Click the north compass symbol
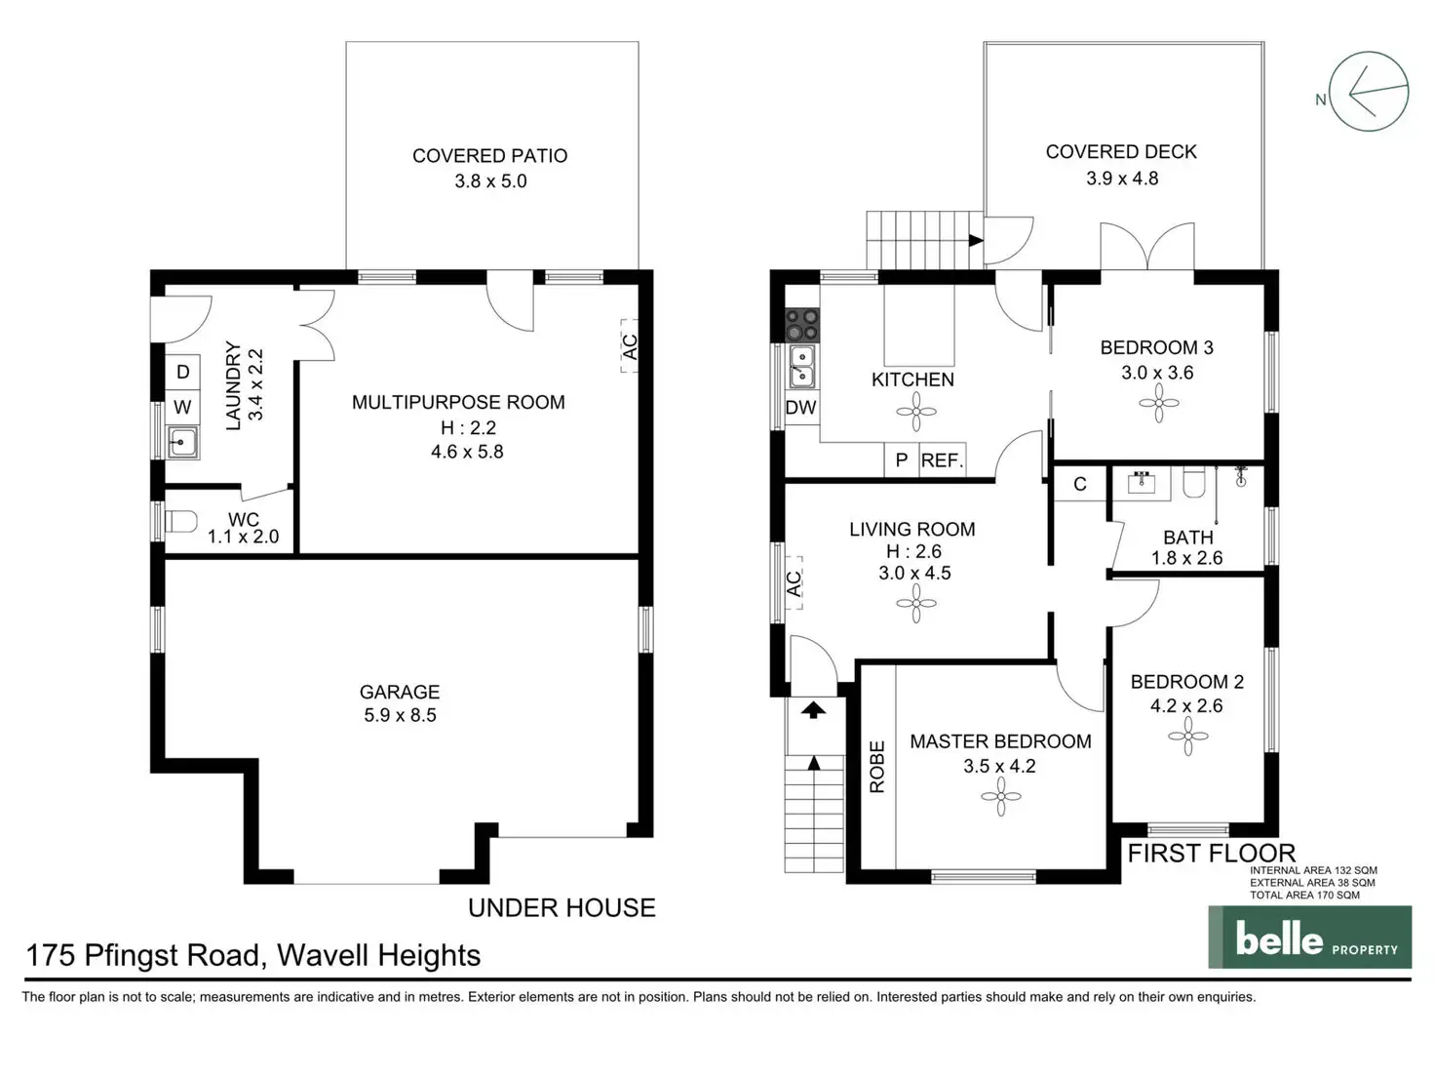1369,92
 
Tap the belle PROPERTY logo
1309,937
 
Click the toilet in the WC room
181,522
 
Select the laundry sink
182,442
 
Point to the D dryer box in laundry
182,372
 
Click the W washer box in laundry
182,407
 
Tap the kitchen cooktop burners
802,323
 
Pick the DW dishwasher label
800,408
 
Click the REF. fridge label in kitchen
942,460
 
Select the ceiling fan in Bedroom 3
1158,402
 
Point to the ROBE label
877,766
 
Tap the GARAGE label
400,692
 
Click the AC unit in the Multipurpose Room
630,346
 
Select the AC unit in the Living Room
794,583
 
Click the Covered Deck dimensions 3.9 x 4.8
1122,179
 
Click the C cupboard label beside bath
1080,484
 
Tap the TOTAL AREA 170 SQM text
1304,895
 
